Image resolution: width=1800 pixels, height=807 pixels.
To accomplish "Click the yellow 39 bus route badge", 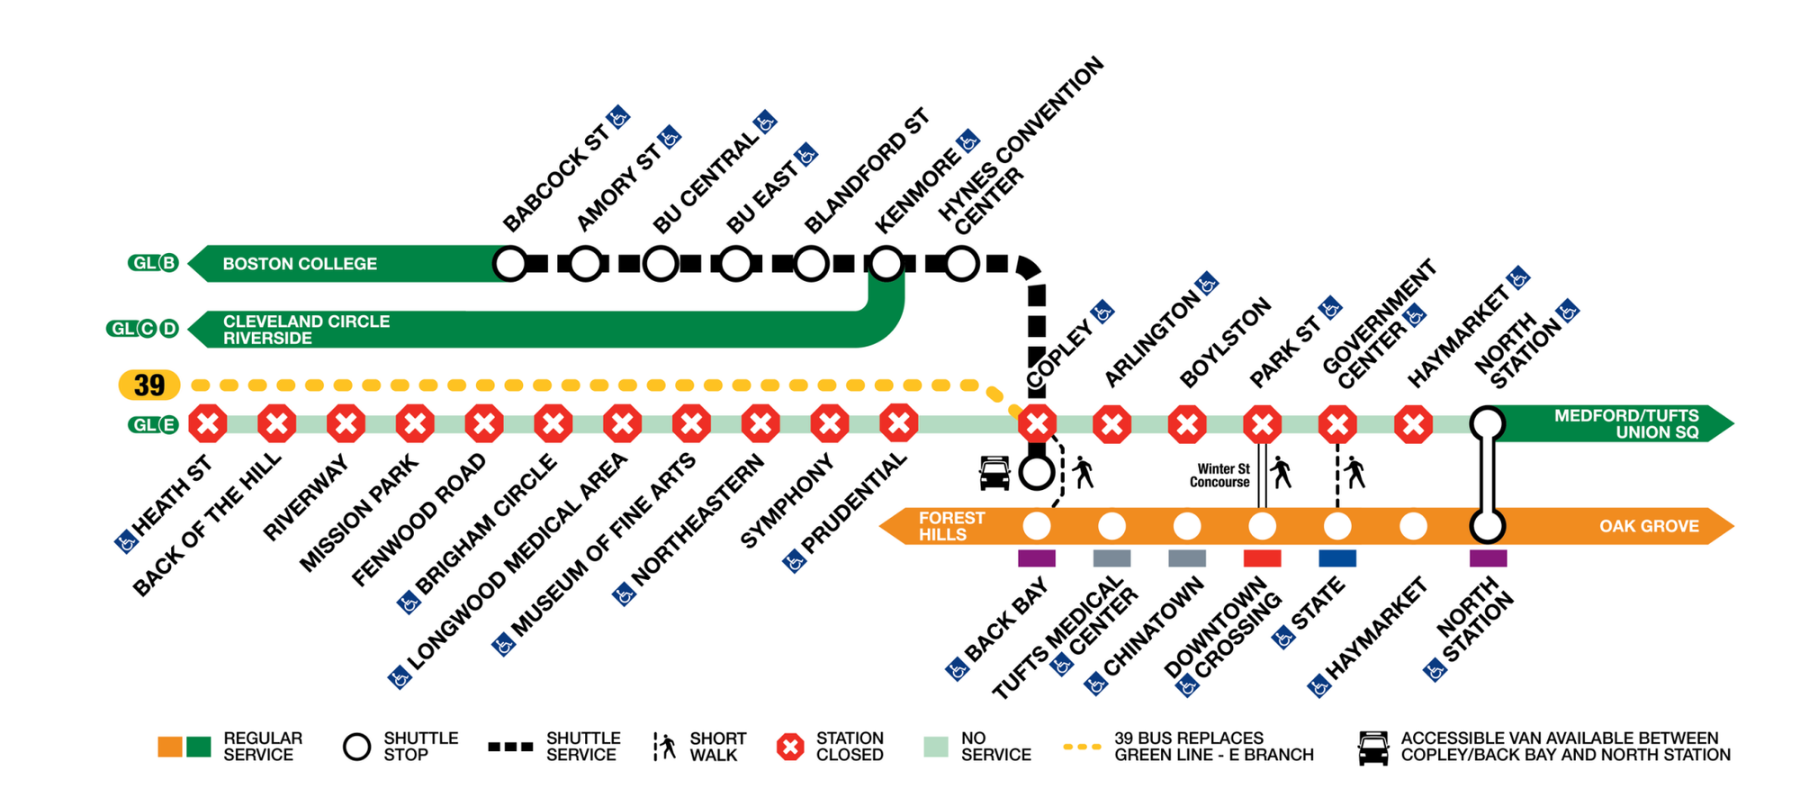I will click(149, 385).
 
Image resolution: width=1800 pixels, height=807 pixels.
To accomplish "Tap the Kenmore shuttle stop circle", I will click(886, 264).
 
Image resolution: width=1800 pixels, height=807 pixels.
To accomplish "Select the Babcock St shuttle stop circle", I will click(510, 264).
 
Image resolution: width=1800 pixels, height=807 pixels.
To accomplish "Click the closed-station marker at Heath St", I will click(208, 423).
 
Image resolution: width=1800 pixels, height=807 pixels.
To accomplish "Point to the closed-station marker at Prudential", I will click(898, 423).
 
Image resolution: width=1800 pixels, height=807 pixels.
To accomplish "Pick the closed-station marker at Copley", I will click(1037, 423).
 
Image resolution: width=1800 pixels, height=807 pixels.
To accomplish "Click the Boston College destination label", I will click(300, 264).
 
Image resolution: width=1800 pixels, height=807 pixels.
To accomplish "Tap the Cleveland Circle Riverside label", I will click(306, 330).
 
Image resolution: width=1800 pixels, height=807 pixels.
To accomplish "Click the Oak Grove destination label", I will click(1649, 526).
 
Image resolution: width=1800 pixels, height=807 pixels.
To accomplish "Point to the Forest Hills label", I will click(950, 526).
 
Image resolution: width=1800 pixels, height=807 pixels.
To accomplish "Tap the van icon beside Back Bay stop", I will click(994, 474).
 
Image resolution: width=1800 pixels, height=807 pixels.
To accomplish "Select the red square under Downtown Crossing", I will click(1262, 558).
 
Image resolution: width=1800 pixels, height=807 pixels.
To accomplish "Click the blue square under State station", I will click(1337, 558).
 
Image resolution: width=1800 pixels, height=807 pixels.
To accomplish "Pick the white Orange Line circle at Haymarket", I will click(1413, 526).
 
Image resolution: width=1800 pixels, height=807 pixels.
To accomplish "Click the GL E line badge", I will click(154, 424).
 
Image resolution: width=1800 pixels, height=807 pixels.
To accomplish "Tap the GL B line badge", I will click(154, 263).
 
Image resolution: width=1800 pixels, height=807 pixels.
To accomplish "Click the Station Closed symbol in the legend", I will click(790, 747).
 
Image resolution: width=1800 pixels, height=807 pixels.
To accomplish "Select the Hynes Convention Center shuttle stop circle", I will click(961, 264).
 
